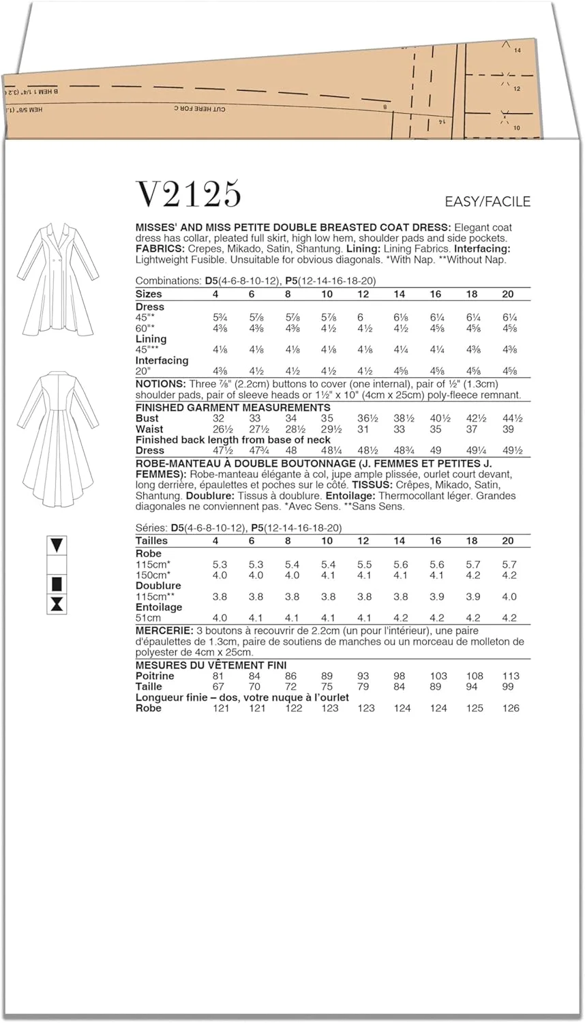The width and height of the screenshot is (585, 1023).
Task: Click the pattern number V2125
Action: [189, 194]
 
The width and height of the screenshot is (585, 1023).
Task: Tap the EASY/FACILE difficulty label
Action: [487, 201]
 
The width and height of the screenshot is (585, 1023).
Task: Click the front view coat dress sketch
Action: [58, 279]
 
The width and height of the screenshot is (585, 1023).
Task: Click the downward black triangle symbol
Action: [57, 545]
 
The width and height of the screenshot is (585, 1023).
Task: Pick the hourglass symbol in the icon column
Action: [57, 604]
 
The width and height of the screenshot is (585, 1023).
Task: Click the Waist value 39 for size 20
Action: [508, 429]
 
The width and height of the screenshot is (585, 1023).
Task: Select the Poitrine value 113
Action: [510, 676]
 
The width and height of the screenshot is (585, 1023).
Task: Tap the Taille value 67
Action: [219, 687]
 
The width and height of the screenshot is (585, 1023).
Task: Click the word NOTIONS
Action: [160, 384]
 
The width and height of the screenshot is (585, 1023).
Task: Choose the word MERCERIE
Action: [163, 631]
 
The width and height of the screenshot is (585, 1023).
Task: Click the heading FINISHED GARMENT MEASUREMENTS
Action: [232, 407]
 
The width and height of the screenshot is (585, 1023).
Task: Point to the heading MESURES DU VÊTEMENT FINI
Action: [211, 665]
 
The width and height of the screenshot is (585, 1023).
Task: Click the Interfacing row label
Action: [162, 360]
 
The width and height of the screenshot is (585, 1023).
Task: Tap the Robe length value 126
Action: [510, 708]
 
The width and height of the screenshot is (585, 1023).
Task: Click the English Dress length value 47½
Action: [220, 451]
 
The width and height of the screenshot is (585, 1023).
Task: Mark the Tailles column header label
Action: [151, 541]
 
